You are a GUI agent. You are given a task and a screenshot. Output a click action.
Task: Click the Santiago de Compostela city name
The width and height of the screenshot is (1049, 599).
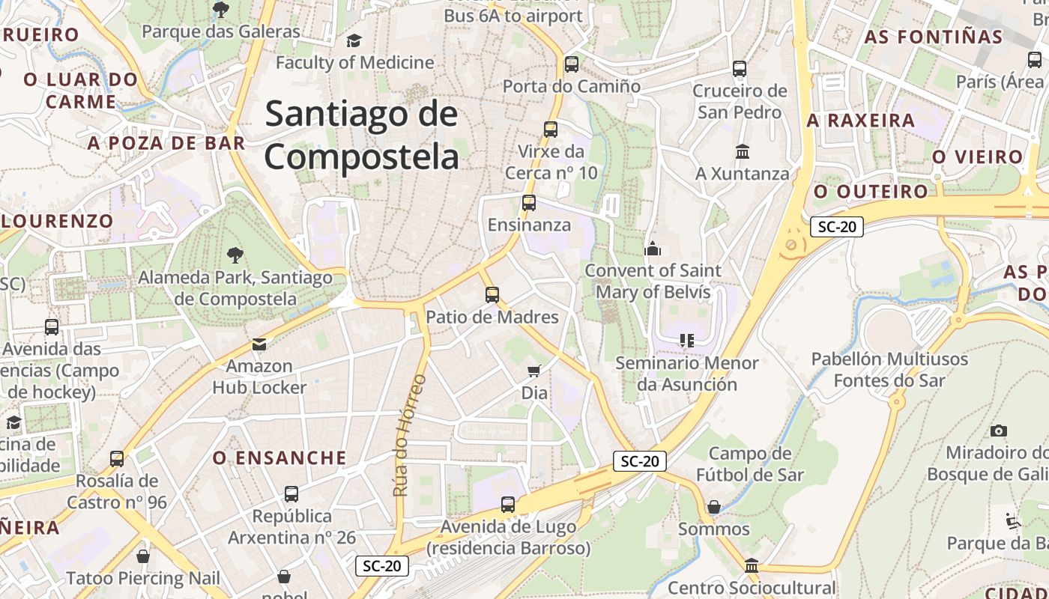coord(361,136)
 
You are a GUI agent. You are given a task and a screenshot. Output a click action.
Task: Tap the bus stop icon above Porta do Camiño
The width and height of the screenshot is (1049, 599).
coord(572,64)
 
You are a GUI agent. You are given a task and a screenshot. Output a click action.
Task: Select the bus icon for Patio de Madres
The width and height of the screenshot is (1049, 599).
coord(492,295)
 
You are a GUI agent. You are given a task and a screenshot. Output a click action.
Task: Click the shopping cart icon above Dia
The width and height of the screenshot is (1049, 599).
coord(534,371)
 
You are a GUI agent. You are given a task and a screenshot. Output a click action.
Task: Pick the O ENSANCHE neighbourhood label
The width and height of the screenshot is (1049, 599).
coord(279,457)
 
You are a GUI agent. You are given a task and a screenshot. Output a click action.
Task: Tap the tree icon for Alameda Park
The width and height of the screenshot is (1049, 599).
coord(235,255)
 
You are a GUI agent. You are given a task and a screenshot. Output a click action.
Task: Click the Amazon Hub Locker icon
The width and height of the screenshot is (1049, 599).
coord(259,344)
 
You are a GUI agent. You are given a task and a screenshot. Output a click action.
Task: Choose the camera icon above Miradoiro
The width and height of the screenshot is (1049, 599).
coord(998,431)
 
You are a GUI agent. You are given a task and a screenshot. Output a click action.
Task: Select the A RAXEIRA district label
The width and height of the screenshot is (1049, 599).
coord(861,120)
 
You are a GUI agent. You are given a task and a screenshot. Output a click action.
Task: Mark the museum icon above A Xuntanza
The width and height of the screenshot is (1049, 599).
coord(743,152)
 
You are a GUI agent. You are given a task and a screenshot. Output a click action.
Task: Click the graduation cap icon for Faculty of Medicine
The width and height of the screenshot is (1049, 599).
coord(354,40)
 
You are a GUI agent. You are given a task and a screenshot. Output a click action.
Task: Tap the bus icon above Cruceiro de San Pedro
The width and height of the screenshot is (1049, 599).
coord(740,69)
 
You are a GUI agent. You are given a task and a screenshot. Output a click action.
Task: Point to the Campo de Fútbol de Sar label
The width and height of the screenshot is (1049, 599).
coord(749,464)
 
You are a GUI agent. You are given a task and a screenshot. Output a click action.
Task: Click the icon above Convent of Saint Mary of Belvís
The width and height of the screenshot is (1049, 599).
coord(653,249)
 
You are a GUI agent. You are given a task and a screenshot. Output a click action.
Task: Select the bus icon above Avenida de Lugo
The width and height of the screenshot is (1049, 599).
coord(508,505)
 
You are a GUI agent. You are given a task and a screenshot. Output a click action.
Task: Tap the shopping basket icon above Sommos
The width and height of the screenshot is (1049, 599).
coord(714,507)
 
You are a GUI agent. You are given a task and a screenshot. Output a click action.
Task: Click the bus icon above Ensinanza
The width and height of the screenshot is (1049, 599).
coord(529,203)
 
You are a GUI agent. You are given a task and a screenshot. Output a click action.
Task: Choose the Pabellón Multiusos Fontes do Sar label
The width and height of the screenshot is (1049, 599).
coord(889,370)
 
